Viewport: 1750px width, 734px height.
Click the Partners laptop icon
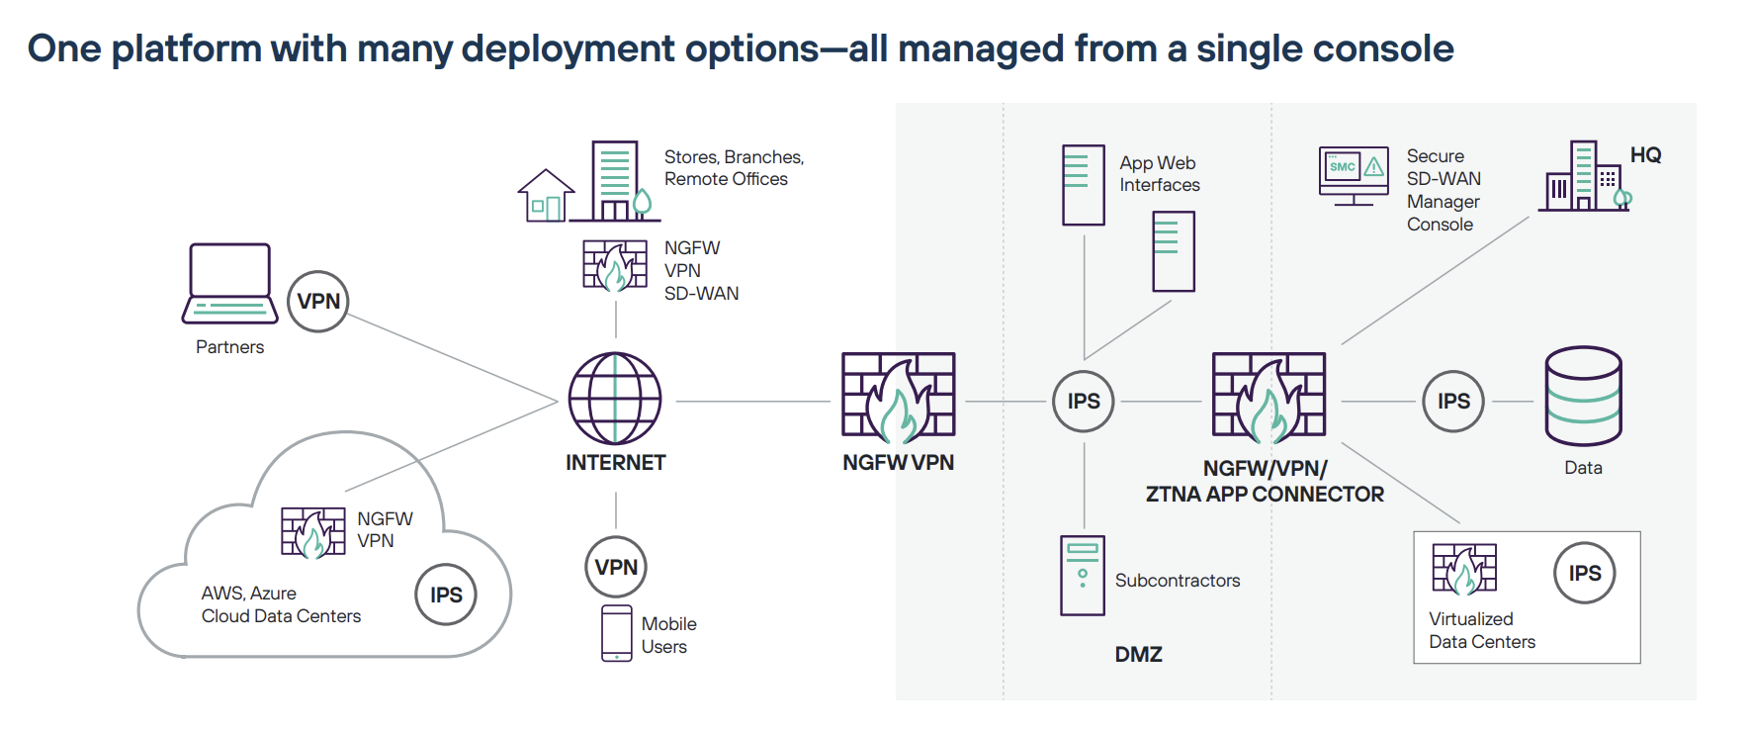tap(229, 284)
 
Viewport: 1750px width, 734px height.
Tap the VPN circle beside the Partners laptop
tap(318, 302)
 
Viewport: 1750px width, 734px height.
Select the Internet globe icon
tap(615, 399)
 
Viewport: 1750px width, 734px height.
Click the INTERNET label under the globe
tap(615, 463)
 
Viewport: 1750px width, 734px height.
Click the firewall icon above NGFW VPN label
tap(898, 396)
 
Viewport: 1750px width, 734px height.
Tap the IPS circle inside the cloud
tap(446, 595)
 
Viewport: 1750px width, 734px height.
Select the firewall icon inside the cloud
tap(312, 533)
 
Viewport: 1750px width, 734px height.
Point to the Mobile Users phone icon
tap(617, 633)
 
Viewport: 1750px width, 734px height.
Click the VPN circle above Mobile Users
tap(616, 567)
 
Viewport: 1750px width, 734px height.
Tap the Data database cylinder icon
tap(1583, 397)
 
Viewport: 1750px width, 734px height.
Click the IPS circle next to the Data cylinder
tap(1453, 402)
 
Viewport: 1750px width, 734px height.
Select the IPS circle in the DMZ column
tap(1084, 402)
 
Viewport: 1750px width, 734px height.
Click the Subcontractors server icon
tap(1083, 576)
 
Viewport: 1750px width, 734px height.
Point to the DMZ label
tap(1138, 655)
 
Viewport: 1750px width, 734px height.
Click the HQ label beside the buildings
tap(1645, 155)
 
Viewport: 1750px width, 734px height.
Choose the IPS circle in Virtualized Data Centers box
tap(1584, 573)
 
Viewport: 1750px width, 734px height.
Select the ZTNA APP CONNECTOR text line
tap(1265, 495)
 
